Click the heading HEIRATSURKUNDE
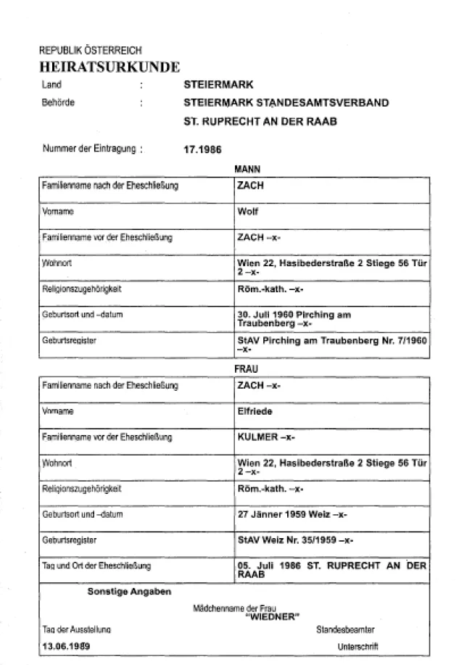click(x=109, y=67)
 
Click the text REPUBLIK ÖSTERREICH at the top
click(x=90, y=51)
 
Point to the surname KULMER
click(x=255, y=437)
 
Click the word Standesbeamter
click(x=345, y=629)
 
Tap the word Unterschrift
click(x=357, y=645)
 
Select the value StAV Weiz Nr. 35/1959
click(x=288, y=540)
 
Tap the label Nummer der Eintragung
click(x=88, y=150)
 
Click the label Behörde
click(x=58, y=102)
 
